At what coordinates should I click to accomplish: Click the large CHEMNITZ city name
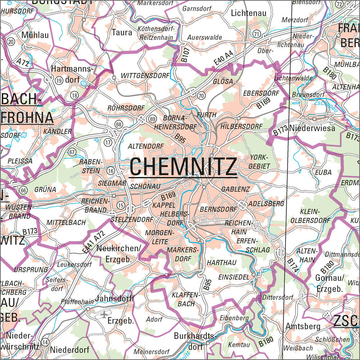click(x=183, y=167)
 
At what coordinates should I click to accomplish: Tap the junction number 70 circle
click(x=201, y=95)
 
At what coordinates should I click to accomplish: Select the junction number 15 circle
click(x=120, y=206)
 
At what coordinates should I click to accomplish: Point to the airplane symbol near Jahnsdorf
click(x=104, y=314)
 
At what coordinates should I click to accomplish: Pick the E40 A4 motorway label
click(x=223, y=59)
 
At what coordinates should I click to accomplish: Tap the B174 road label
click(x=293, y=265)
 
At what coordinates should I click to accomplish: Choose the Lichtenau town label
click(x=248, y=13)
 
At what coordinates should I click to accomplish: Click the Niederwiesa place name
click(x=312, y=128)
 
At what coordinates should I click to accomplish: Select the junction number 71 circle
click(x=256, y=34)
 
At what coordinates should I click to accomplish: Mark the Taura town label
click(x=122, y=32)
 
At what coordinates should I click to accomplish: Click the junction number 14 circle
click(x=45, y=342)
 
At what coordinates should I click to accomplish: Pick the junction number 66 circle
click(x=24, y=190)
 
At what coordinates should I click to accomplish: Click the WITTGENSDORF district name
click(x=145, y=76)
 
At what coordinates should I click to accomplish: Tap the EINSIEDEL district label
click(x=234, y=277)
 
